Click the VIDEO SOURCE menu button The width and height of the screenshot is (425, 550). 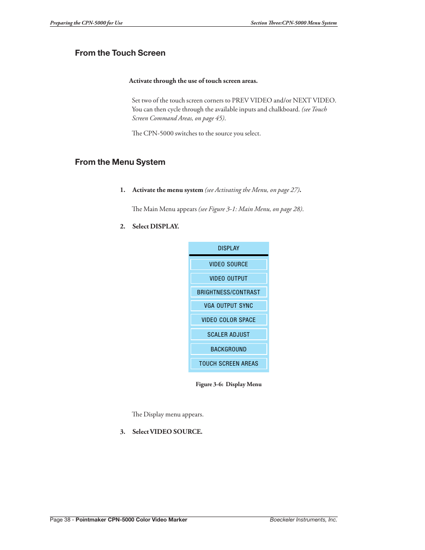(x=229, y=265)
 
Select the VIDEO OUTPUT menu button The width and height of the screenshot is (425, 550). (x=229, y=279)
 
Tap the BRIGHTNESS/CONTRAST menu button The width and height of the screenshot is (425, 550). (x=229, y=293)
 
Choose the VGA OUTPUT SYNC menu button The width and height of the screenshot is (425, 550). (x=229, y=306)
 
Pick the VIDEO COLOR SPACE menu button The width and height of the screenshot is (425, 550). (x=229, y=320)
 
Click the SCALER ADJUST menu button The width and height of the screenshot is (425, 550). (x=229, y=335)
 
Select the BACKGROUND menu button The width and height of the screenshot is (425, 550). (x=229, y=350)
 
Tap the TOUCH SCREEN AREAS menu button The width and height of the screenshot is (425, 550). (x=229, y=364)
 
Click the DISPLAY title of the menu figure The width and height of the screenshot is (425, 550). (x=229, y=249)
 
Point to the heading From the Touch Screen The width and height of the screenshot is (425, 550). (x=120, y=53)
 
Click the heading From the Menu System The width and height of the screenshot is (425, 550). (x=120, y=162)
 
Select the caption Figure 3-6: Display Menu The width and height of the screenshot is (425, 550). (x=229, y=384)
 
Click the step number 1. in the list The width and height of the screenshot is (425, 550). (x=123, y=190)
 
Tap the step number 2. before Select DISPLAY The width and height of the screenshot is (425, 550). (x=123, y=227)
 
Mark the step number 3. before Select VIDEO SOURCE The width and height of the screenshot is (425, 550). (x=123, y=432)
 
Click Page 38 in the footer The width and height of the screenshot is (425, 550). (x=60, y=520)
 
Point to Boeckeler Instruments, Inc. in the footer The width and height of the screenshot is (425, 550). (x=303, y=520)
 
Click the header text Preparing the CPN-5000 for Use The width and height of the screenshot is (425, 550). (x=86, y=23)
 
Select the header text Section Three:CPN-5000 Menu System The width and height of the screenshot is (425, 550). (x=294, y=23)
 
